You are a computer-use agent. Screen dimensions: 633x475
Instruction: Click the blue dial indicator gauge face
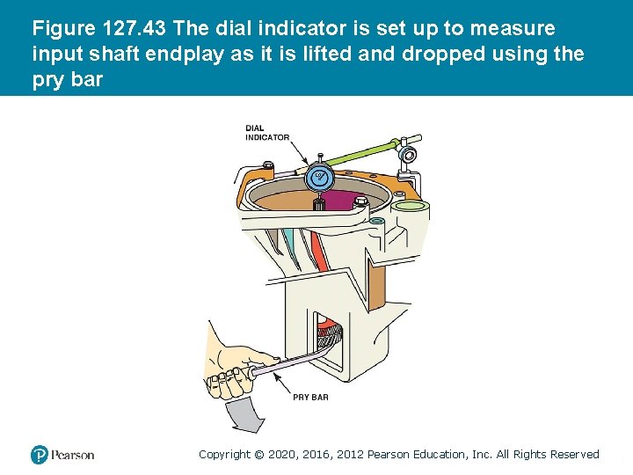320,179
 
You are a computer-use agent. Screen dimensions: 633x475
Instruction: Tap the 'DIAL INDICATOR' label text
266,133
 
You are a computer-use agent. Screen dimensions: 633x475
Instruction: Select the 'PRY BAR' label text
310,397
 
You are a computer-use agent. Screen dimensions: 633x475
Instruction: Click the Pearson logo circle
40,455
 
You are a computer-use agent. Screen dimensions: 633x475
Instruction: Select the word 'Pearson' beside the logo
72,455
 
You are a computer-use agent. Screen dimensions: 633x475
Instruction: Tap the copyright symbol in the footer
258,455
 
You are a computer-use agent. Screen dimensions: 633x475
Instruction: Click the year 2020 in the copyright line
280,455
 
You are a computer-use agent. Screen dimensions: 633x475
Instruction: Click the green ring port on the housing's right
409,208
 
